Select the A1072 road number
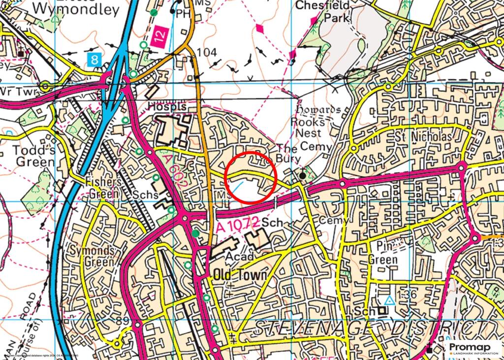pyautogui.click(x=238, y=226)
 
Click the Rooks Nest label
pyautogui.click(x=308, y=127)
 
